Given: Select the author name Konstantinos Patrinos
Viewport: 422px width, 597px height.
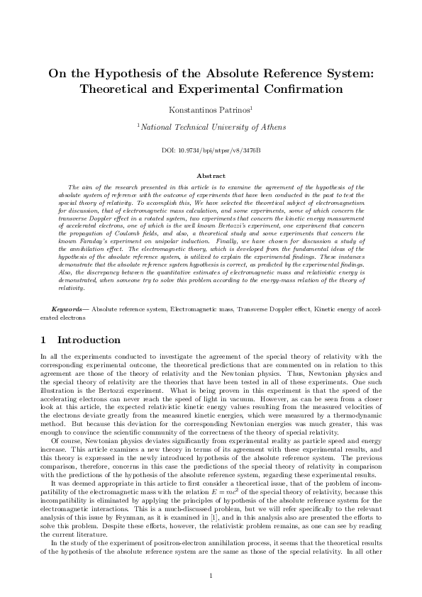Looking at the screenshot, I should coord(211,110).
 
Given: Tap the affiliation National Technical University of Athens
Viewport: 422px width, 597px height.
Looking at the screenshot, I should coord(211,127).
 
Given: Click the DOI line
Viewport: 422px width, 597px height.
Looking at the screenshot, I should coord(211,151).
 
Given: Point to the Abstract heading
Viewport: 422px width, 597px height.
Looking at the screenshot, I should coord(211,176).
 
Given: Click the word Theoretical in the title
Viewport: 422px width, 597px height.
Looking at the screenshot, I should coord(123,89).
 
